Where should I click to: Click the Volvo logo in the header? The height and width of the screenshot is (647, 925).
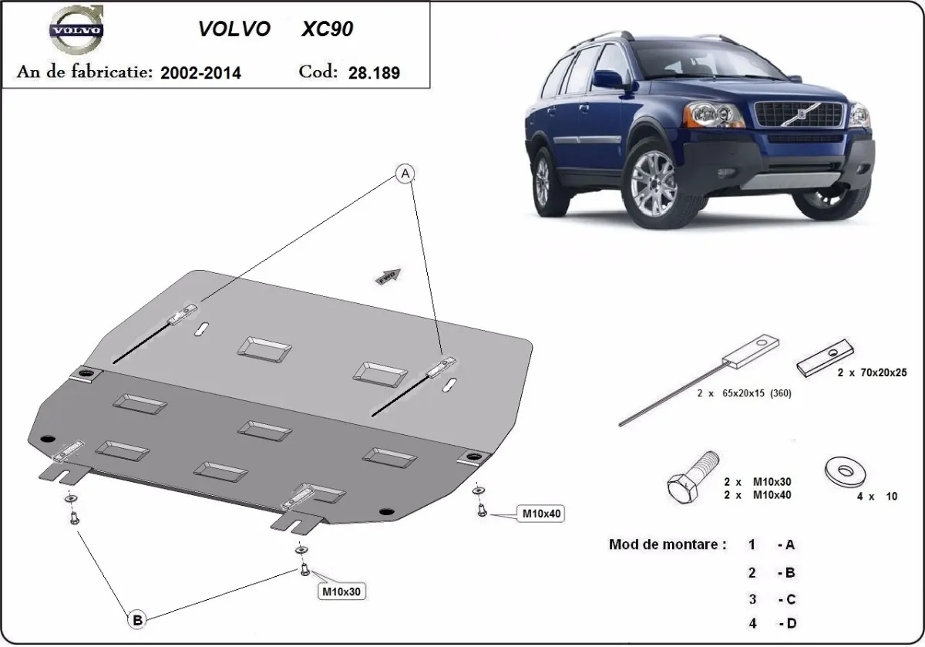(75, 32)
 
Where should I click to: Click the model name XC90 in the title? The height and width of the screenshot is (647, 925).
(328, 29)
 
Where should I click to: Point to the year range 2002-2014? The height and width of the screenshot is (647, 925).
(200, 72)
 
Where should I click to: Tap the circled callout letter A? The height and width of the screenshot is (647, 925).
(405, 175)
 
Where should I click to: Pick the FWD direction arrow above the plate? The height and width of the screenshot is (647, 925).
(388, 275)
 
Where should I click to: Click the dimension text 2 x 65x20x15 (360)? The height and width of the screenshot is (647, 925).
(745, 393)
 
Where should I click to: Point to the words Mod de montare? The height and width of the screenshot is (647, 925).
(667, 544)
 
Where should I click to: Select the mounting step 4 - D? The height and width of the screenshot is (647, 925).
(771, 623)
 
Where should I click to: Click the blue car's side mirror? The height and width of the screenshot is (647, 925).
(608, 79)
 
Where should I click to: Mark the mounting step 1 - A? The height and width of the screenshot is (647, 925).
(771, 544)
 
